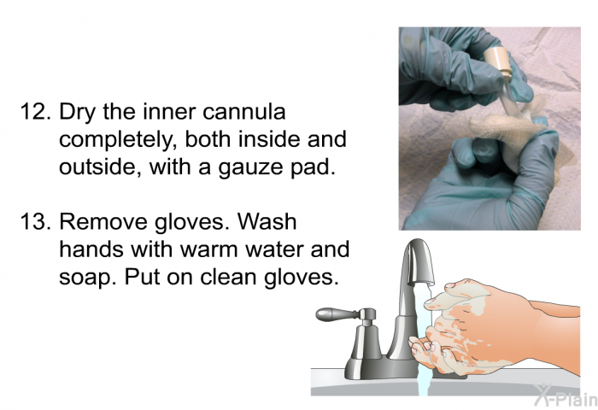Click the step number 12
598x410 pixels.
tap(36, 112)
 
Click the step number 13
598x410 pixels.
tap(36, 221)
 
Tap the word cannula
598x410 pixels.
tap(244, 112)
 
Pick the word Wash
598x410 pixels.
tap(268, 221)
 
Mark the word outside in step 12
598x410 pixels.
tap(101, 167)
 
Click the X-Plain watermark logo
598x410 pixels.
tap(566, 395)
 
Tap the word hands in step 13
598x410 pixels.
tap(91, 249)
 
